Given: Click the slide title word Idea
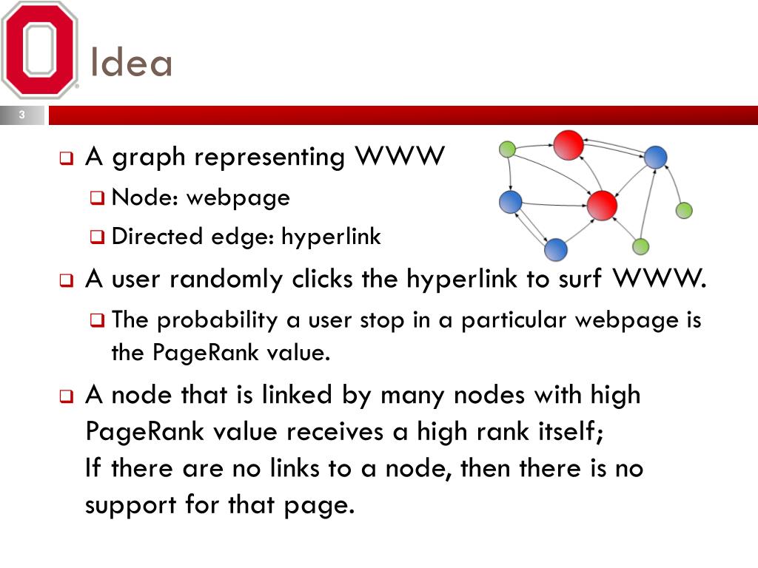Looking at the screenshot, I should coord(131,63).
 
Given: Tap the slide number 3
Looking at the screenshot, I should coord(21,115).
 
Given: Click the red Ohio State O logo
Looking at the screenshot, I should coord(40,50).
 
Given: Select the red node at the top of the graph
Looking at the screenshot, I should coord(568,144).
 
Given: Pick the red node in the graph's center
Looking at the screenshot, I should coord(602,205).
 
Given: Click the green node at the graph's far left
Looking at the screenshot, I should coord(507,149).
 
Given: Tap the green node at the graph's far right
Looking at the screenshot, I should coord(684,210).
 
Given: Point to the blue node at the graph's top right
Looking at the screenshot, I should coord(655,157).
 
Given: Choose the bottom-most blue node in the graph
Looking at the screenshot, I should coord(556,250).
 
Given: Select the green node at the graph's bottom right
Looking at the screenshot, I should coord(641,246).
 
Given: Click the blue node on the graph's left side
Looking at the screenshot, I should coord(511,201).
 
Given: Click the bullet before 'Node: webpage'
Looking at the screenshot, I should coord(98,198).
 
